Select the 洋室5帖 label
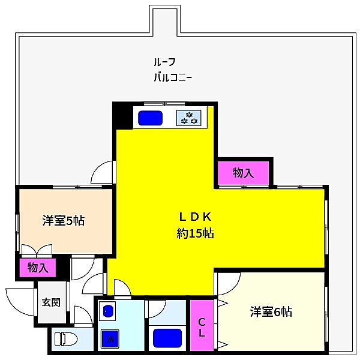(x=63, y=220)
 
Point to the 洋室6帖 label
(x=271, y=311)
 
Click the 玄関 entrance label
(x=50, y=302)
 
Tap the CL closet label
(x=203, y=328)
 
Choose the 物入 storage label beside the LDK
(x=243, y=173)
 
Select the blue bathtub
(x=167, y=338)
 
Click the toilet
(x=66, y=339)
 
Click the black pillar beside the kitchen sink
(x=122, y=116)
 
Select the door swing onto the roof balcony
(x=103, y=172)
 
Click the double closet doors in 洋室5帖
(x=36, y=251)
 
